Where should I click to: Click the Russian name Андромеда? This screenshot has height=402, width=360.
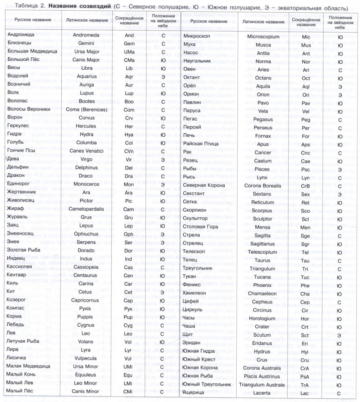tap(21, 35)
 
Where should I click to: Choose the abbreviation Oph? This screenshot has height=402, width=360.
tap(129, 234)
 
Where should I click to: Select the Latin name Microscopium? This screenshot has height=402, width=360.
tap(263, 37)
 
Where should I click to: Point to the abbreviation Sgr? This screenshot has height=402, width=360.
tap(305, 244)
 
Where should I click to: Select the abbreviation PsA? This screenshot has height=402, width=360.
tap(305, 376)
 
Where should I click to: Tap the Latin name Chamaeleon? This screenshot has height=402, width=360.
tap(263, 293)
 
